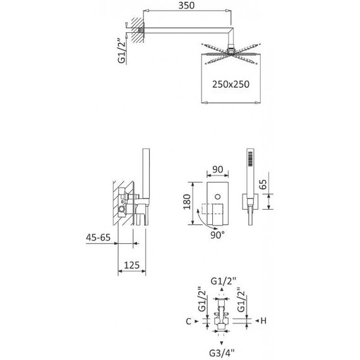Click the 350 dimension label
(x=186, y=6)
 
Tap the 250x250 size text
(x=231, y=84)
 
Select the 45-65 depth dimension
(x=99, y=237)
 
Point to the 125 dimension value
(x=132, y=265)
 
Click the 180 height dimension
(x=187, y=202)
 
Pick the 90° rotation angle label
(x=217, y=235)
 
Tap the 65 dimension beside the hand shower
(x=263, y=184)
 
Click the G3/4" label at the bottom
(x=222, y=353)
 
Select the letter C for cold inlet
(x=188, y=321)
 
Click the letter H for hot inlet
(x=263, y=321)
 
